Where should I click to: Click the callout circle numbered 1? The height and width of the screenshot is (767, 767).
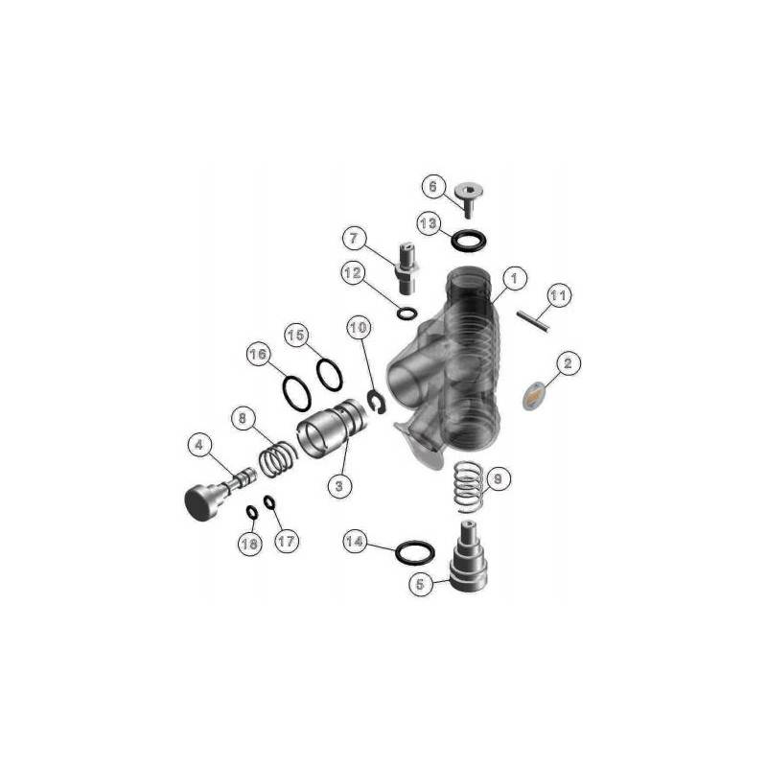click(514, 279)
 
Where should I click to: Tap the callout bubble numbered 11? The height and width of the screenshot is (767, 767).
click(558, 296)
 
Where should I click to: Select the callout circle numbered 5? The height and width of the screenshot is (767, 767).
click(421, 584)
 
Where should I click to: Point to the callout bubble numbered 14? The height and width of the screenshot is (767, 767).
click(354, 541)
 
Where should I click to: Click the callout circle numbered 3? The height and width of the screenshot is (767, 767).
click(339, 486)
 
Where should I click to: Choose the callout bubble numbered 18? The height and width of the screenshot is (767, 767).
click(249, 544)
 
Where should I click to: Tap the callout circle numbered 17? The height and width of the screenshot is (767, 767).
click(286, 541)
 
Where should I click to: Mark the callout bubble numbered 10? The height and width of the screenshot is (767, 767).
click(359, 328)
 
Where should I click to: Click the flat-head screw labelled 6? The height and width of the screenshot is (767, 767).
click(468, 198)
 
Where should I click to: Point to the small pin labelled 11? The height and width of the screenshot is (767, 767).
click(533, 320)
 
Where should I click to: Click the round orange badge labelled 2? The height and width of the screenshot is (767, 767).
click(534, 395)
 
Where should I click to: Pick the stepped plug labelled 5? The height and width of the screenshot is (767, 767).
click(468, 558)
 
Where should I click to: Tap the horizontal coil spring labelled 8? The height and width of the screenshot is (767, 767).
click(278, 458)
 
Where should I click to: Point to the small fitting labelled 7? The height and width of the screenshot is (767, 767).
click(407, 269)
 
